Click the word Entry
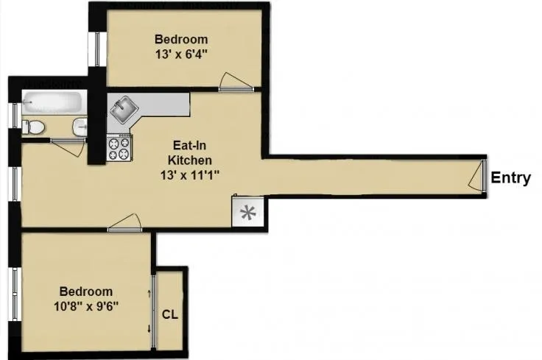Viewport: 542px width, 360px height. pyautogui.click(x=510, y=177)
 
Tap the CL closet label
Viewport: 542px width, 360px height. pyautogui.click(x=169, y=314)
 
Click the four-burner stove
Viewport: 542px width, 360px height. pyautogui.click(x=119, y=149)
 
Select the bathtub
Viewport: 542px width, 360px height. pyautogui.click(x=52, y=103)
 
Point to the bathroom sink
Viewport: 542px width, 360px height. pyautogui.click(x=80, y=127)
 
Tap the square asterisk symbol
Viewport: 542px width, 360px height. pyautogui.click(x=248, y=213)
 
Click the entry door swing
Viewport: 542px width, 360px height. pyautogui.click(x=478, y=177)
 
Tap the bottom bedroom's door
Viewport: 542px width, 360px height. pyautogui.click(x=125, y=223)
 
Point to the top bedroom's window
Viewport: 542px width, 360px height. pyautogui.click(x=95, y=50)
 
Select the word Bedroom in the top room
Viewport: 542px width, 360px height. pyautogui.click(x=180, y=39)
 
